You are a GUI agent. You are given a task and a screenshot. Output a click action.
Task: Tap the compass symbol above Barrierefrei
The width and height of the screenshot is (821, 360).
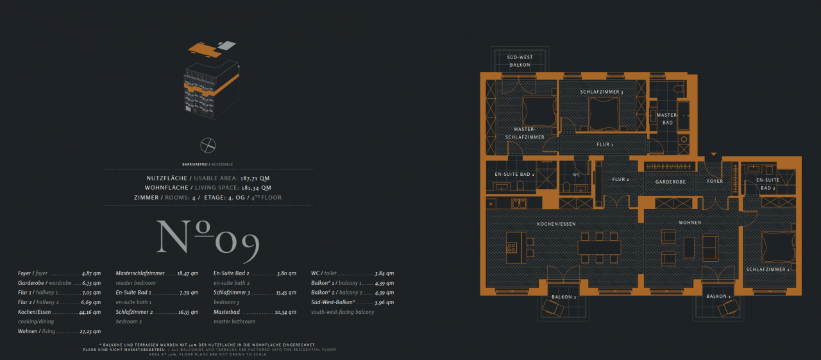click(x=208, y=145)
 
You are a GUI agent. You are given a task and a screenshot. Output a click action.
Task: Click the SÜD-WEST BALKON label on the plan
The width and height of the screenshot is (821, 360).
click(x=520, y=62)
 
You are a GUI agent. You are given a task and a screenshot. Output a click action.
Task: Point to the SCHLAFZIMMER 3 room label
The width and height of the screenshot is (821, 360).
click(x=602, y=92)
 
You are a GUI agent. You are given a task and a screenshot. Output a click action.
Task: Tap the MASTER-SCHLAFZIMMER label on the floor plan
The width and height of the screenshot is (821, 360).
click(x=525, y=133)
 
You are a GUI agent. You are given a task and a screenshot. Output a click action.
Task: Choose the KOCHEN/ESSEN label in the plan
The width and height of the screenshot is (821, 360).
click(x=556, y=223)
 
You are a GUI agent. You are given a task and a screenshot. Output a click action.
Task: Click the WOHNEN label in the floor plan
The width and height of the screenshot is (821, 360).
click(x=690, y=223)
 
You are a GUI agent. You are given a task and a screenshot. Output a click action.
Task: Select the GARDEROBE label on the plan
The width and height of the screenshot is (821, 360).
click(x=670, y=182)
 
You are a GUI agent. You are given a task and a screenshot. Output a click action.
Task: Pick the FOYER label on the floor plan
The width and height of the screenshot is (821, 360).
click(x=715, y=181)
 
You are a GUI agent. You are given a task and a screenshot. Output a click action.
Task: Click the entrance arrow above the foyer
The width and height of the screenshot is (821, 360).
click(x=713, y=155)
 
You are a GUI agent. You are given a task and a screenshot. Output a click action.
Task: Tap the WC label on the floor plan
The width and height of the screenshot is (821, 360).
click(x=576, y=175)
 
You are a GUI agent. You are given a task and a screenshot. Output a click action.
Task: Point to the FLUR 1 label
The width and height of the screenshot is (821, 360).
click(x=604, y=144)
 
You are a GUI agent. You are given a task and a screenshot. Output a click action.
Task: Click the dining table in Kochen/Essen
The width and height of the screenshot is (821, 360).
click(x=599, y=247)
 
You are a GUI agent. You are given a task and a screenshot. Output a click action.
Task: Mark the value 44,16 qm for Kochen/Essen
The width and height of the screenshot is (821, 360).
click(x=89, y=312)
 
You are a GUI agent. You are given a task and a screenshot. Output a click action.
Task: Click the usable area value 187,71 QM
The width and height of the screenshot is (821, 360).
click(x=255, y=178)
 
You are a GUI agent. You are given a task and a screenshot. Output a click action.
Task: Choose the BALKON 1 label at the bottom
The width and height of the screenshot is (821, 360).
click(x=718, y=296)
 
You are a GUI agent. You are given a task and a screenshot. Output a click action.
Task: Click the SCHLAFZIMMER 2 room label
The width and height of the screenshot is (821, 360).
click(x=767, y=270)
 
